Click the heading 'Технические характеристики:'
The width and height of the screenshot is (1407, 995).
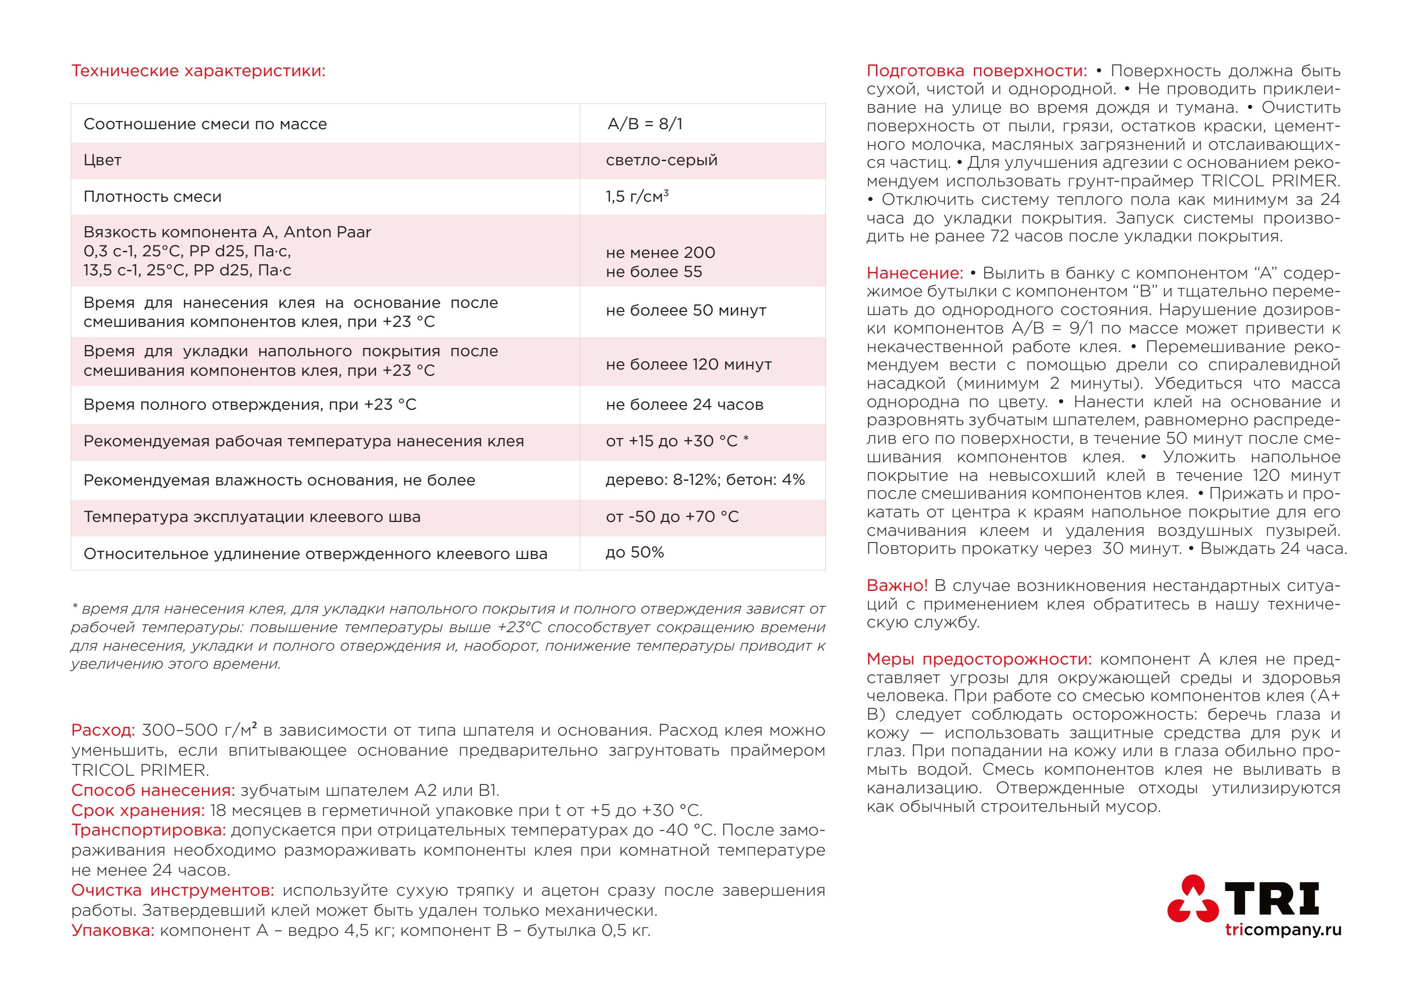point(198,71)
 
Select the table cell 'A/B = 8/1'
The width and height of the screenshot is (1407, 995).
point(645,124)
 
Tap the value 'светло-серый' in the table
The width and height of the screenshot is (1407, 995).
point(661,160)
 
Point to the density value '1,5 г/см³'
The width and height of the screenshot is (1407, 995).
point(637,196)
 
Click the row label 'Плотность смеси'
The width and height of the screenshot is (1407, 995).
point(152,197)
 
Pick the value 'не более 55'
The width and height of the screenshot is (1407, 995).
point(653,272)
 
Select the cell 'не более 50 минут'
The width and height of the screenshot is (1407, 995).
point(686,310)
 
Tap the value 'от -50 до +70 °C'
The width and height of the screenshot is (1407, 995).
point(672,516)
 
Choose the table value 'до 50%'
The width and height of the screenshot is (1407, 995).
point(634,552)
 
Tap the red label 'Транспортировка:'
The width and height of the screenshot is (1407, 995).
point(148,830)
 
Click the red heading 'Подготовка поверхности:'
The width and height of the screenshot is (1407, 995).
point(976,71)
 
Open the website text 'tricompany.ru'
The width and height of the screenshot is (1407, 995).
point(1283,930)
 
